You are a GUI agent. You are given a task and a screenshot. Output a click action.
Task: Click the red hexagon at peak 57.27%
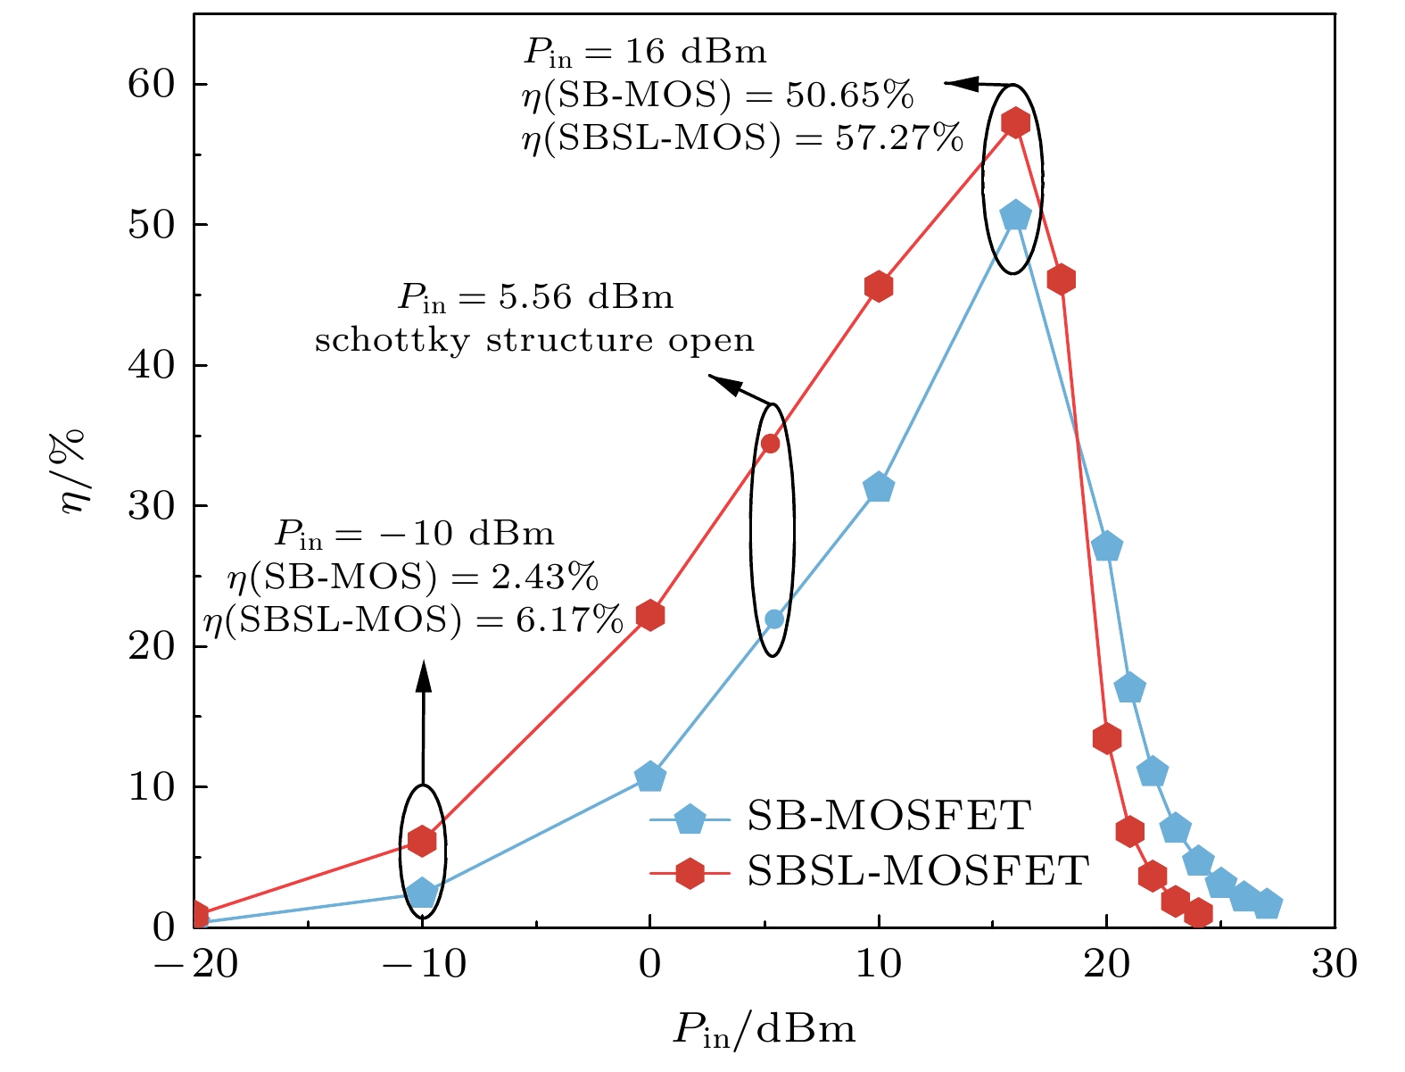pyautogui.click(x=1015, y=122)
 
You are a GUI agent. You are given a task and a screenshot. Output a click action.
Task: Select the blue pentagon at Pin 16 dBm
pyautogui.click(x=1015, y=216)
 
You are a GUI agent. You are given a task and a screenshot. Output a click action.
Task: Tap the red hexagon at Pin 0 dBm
pyautogui.click(x=650, y=615)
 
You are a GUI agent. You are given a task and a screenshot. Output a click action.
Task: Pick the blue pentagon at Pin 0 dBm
pyautogui.click(x=650, y=777)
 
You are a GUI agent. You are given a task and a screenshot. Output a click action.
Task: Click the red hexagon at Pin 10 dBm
pyautogui.click(x=879, y=287)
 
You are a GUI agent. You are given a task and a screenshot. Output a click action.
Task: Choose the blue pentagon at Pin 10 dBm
pyautogui.click(x=879, y=487)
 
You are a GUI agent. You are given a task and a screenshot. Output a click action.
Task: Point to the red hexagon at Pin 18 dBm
pyautogui.click(x=1061, y=279)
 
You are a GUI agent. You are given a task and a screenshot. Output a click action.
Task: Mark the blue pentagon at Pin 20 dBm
pyautogui.click(x=1107, y=547)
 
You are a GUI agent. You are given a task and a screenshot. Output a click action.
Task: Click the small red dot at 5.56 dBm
pyautogui.click(x=771, y=444)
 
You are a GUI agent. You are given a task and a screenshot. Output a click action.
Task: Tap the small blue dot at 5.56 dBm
pyautogui.click(x=774, y=619)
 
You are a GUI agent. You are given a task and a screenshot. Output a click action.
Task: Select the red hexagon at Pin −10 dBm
pyautogui.click(x=422, y=841)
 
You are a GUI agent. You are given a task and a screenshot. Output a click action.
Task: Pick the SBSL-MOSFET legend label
pyautogui.click(x=918, y=870)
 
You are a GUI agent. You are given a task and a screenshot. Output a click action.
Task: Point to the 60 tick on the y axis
pyautogui.click(x=153, y=84)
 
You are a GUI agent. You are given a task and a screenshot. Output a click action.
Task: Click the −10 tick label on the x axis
pyautogui.click(x=422, y=965)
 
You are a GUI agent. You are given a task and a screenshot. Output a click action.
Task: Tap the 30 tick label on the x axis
pyautogui.click(x=1334, y=965)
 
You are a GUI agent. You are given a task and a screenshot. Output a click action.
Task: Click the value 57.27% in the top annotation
pyautogui.click(x=900, y=138)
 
